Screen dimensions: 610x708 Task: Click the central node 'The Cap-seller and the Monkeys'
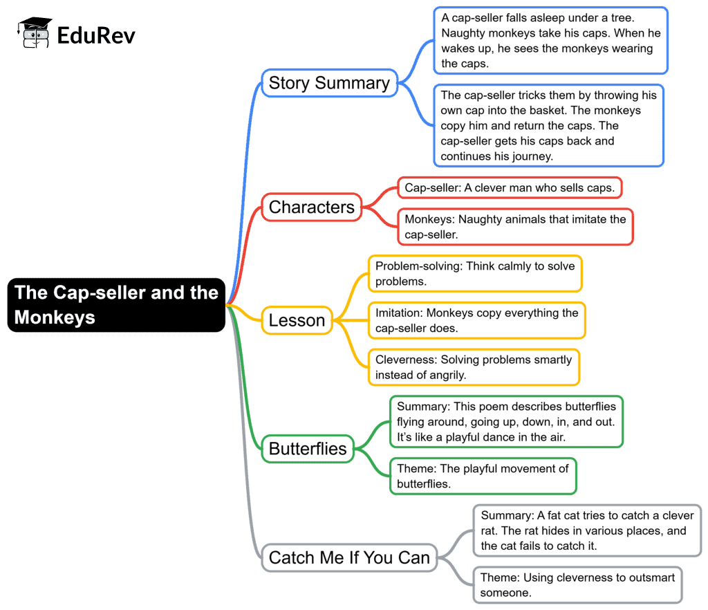point(117,305)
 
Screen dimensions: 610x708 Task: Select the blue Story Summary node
point(329,83)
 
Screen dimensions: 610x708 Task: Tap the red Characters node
point(311,207)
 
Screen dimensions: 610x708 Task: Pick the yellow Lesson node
point(297,320)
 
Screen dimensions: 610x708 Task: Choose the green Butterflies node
point(308,449)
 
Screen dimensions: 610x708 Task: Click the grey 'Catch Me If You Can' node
point(349,557)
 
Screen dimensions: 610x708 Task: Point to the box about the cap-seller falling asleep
point(550,40)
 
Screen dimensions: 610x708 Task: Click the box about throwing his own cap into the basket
point(549,126)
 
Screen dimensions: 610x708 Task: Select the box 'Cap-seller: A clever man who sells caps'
point(510,188)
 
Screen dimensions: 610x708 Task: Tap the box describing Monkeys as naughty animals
point(515,227)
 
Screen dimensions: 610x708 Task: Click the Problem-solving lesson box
point(475,274)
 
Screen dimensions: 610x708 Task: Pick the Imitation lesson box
point(476,320)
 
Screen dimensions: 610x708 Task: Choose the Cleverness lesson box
point(474,367)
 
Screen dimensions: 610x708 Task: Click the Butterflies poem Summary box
point(507,421)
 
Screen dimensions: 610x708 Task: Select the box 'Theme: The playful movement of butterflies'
point(483,476)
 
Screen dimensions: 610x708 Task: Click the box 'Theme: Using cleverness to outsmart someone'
point(578,584)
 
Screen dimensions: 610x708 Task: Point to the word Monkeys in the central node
point(55,318)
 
